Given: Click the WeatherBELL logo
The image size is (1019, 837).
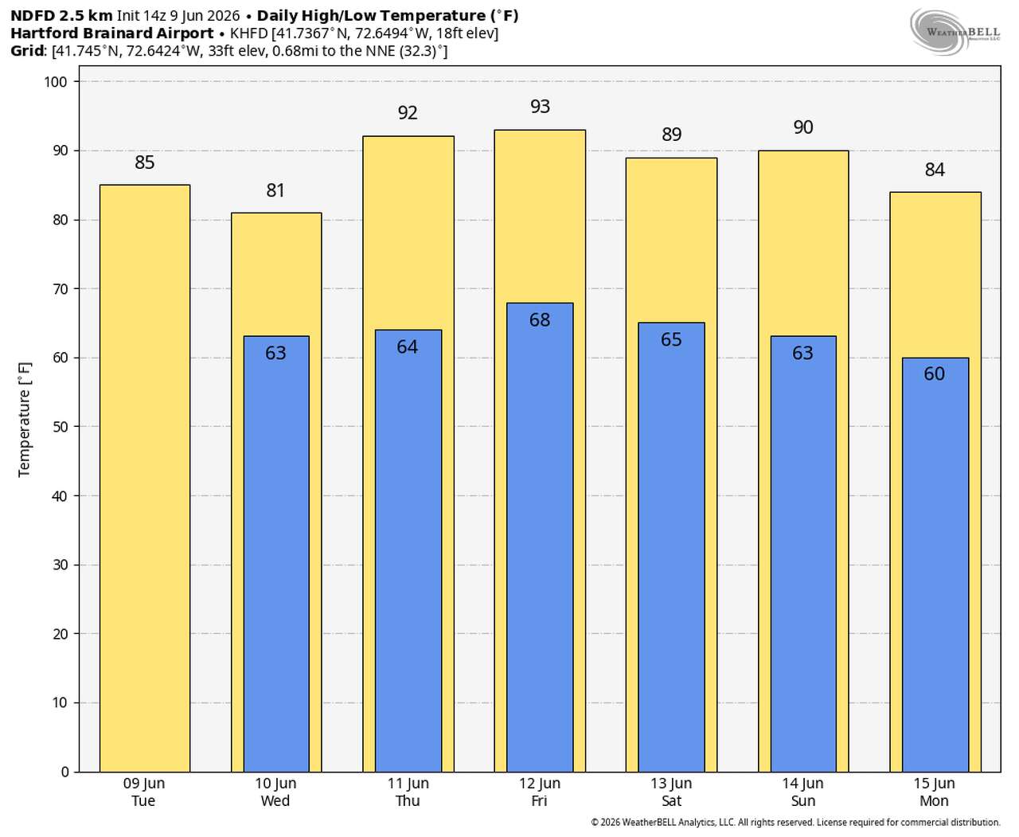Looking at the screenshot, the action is tap(955, 31).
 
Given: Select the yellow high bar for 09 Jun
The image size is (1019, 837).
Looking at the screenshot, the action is tap(144, 478).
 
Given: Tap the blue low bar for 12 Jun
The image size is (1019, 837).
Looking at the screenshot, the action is tap(540, 538).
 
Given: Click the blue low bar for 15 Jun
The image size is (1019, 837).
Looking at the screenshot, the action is tap(935, 565).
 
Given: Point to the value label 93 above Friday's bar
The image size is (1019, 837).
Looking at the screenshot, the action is tap(540, 107).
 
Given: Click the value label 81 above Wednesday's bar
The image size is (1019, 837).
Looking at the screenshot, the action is tap(275, 190).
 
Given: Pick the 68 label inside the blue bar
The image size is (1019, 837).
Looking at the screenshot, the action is tap(540, 320).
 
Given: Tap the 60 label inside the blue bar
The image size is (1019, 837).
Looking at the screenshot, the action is tap(935, 374).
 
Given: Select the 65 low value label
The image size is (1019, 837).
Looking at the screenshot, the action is tap(671, 339).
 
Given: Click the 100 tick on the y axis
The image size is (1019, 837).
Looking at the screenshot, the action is tap(56, 82).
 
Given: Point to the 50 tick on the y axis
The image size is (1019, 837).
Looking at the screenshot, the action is tap(60, 427).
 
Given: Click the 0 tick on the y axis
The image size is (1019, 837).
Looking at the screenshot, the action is tap(64, 772).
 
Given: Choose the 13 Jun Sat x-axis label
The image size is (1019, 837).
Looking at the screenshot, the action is tap(671, 792).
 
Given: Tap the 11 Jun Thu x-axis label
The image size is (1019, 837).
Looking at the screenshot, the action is tap(408, 792).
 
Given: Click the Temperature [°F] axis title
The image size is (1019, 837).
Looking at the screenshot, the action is tap(24, 420).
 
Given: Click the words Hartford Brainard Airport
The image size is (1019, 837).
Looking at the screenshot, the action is tap(112, 33).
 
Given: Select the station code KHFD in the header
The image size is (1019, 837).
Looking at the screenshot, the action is tap(248, 33).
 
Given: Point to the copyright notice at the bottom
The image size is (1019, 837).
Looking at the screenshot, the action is tap(795, 823).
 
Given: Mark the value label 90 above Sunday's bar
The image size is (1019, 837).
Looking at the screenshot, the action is tap(803, 127).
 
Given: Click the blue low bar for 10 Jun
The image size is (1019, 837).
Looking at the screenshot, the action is tap(276, 553).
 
